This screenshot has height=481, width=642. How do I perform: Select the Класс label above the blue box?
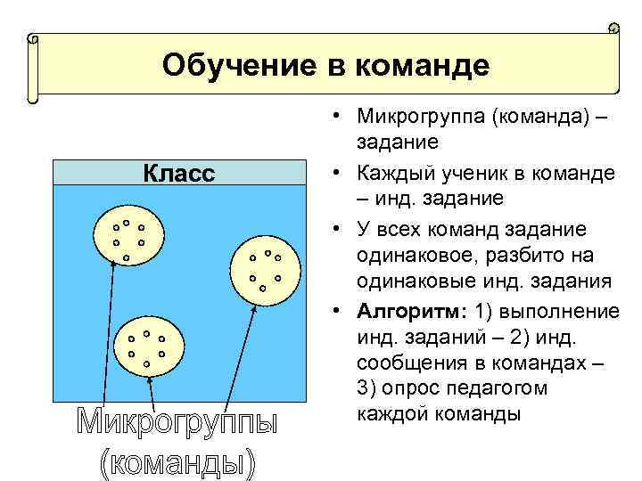click(179, 173)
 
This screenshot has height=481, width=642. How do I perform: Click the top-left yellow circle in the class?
click(128, 237)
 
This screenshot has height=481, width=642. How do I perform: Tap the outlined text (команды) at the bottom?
click(177, 463)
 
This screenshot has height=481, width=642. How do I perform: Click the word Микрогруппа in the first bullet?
click(414, 117)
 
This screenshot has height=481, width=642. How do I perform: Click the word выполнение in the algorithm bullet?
click(560, 312)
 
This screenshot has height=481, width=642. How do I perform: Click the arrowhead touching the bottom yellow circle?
click(150, 381)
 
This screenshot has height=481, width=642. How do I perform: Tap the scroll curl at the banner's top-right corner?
click(613, 29)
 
